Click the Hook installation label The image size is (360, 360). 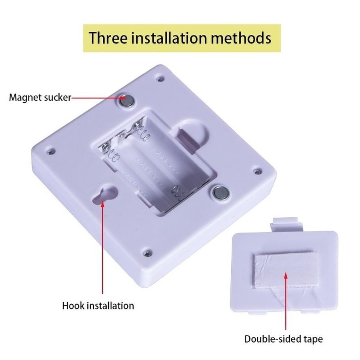tap(98, 305)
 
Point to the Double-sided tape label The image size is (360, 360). tap(283, 339)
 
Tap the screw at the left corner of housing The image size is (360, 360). tap(51, 151)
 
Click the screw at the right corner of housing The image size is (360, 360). tap(257, 172)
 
